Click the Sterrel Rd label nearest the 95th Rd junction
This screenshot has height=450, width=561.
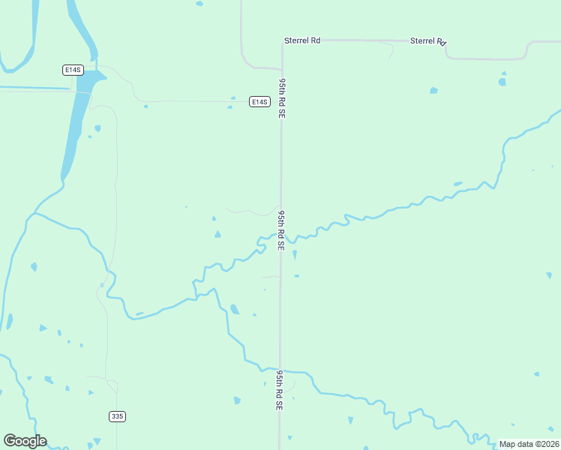(x=302, y=40)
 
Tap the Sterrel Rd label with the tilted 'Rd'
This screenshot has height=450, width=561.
(x=428, y=41)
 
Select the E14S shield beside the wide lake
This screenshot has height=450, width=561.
(x=72, y=70)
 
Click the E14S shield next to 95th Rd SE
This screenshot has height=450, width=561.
(x=259, y=101)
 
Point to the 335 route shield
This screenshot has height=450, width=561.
(x=116, y=416)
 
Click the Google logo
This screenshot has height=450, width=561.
(x=25, y=441)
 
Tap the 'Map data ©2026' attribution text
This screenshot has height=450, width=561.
(x=529, y=444)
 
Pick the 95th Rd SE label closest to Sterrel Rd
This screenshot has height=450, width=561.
(x=283, y=97)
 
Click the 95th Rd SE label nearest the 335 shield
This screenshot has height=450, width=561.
(x=280, y=389)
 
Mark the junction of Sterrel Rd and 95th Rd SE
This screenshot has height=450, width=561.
(x=282, y=42)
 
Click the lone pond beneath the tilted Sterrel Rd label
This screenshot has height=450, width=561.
(x=433, y=91)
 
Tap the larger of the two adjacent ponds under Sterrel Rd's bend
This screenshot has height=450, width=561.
(x=502, y=82)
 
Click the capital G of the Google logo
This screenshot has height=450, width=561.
(x=9, y=441)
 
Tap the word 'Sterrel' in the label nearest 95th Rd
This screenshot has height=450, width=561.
(x=297, y=40)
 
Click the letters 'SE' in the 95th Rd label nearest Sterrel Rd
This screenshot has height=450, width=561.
(x=283, y=112)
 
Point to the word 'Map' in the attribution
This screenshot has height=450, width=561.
(x=508, y=444)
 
